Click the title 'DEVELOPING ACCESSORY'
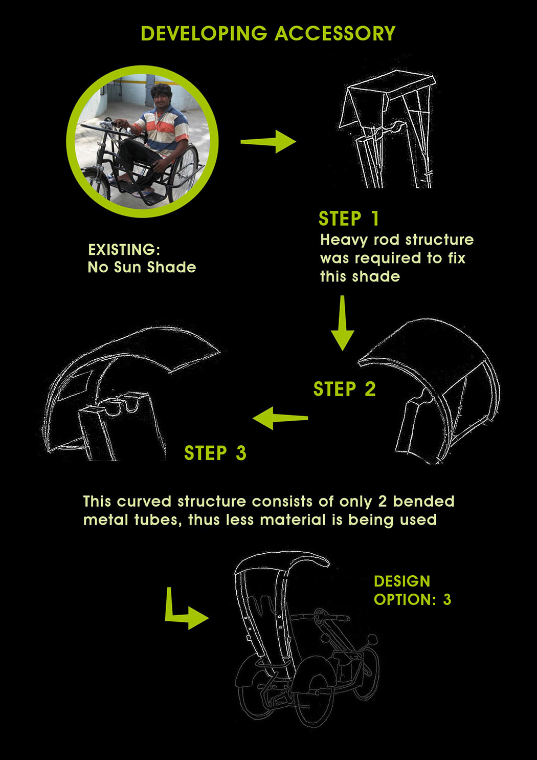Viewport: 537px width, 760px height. [268, 34]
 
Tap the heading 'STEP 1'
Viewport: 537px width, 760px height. [349, 219]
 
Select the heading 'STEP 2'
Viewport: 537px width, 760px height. [344, 389]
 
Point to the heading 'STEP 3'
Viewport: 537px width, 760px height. [215, 453]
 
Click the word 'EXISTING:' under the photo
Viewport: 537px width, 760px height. [124, 250]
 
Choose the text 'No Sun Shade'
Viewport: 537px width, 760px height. [142, 267]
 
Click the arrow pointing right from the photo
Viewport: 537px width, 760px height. [268, 142]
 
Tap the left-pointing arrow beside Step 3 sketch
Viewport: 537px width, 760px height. [280, 418]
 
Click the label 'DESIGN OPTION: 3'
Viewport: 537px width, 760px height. [412, 591]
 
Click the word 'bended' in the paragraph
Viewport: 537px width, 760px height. [423, 501]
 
